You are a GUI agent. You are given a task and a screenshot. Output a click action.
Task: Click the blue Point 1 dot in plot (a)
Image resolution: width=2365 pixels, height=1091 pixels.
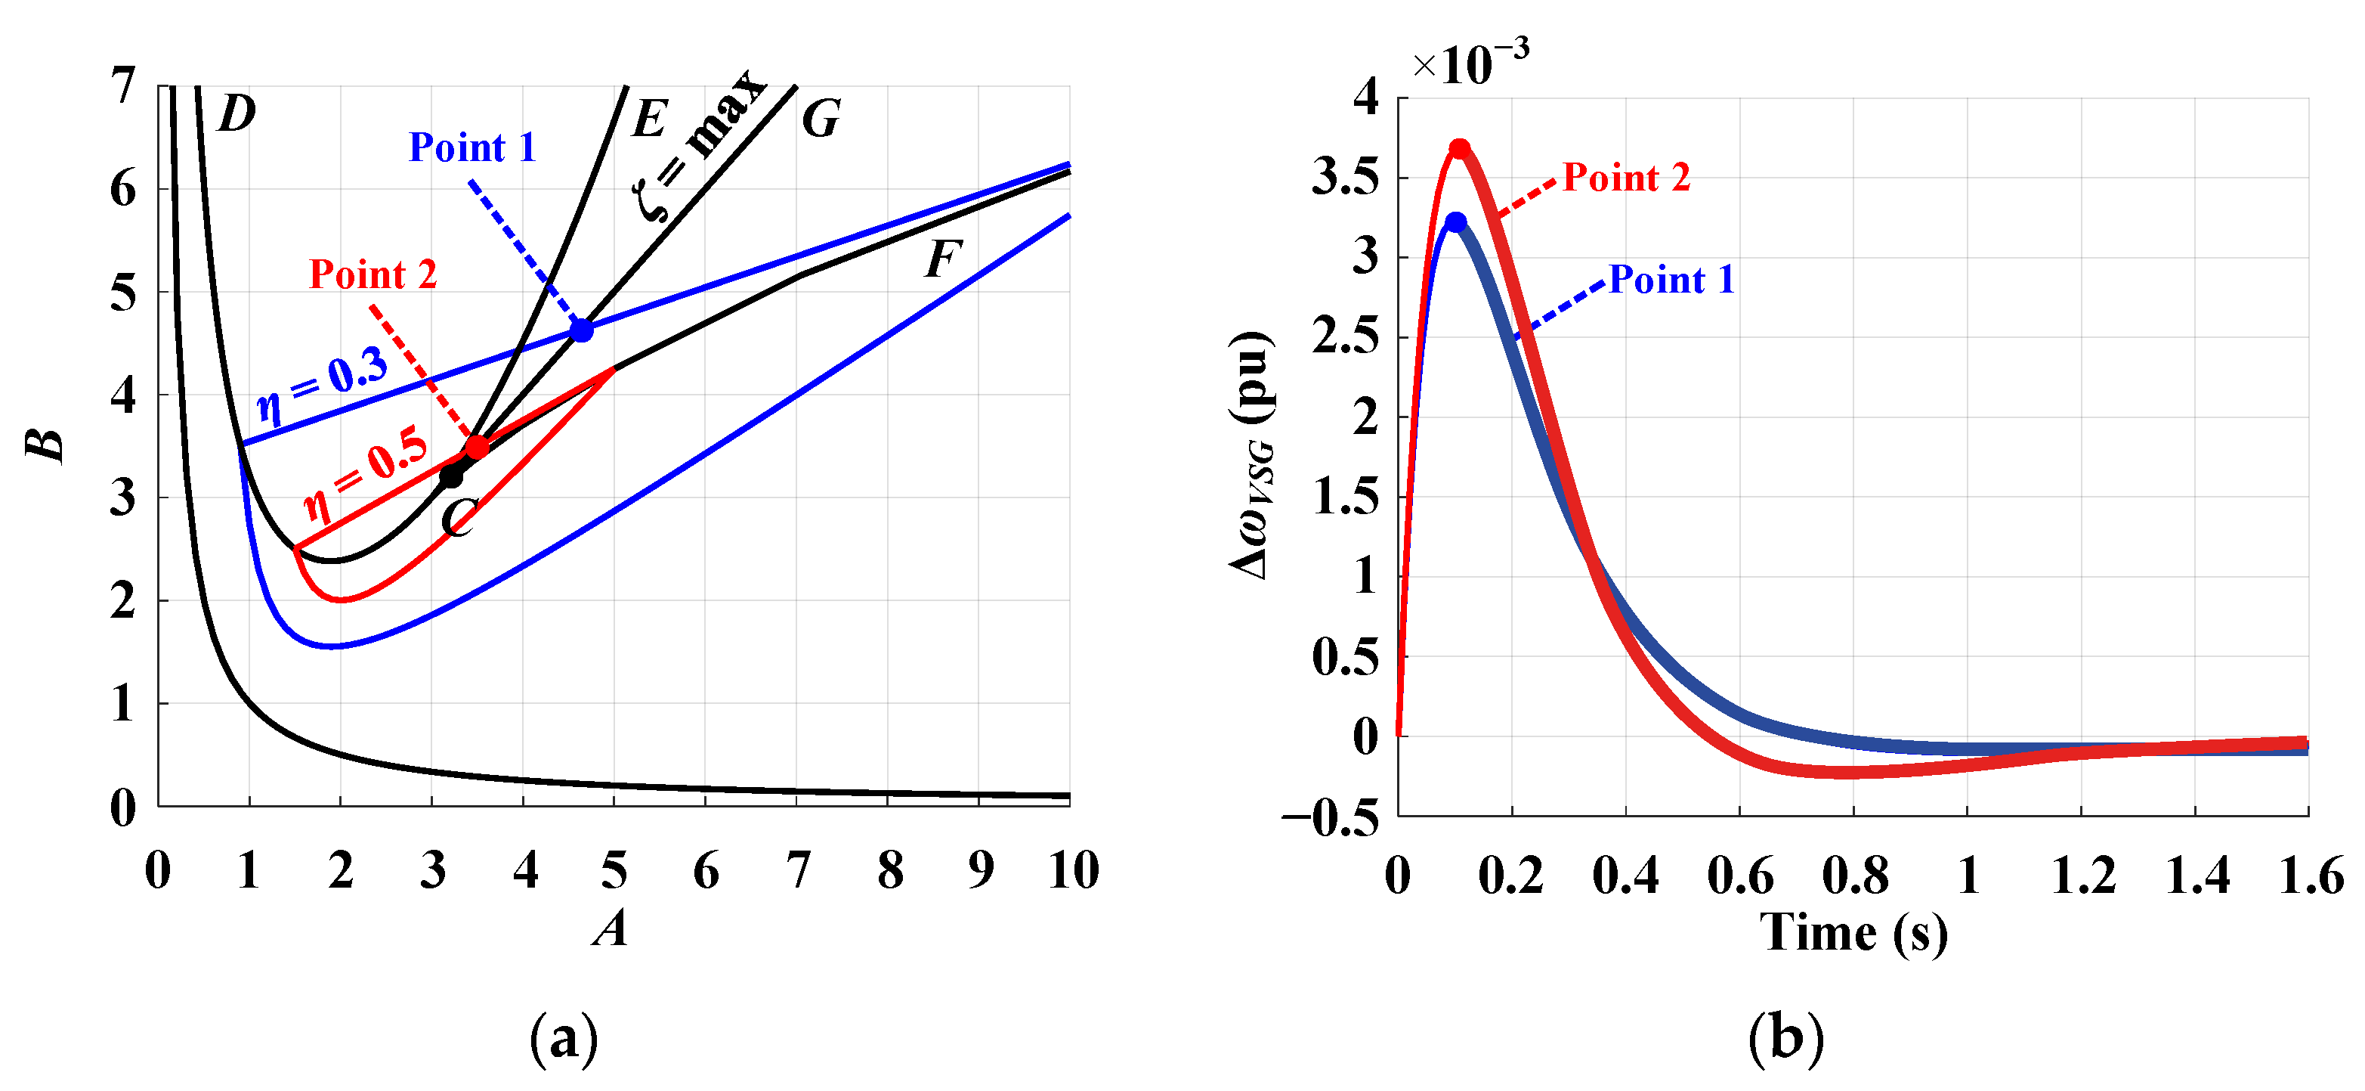[581, 330]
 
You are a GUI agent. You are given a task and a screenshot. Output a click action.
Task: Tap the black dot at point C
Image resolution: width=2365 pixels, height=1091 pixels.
[451, 476]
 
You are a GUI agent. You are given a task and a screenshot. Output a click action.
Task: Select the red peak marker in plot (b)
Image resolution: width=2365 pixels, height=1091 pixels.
[1460, 149]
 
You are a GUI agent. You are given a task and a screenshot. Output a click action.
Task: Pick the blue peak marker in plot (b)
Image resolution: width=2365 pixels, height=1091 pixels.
[1456, 222]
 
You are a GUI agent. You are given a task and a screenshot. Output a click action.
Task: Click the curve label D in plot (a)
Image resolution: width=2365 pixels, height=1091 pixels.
[236, 115]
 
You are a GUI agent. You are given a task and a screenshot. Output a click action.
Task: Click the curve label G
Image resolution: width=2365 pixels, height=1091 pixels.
[820, 119]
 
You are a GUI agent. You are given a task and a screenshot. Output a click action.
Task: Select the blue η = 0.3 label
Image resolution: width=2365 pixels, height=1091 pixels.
[322, 386]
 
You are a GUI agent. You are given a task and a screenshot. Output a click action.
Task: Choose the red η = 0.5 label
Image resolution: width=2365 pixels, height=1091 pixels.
[366, 473]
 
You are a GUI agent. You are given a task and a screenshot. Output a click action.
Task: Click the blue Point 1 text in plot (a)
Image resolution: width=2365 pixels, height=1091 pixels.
[472, 148]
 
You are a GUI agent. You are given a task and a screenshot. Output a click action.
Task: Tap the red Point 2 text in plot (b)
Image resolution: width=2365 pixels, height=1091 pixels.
[1626, 177]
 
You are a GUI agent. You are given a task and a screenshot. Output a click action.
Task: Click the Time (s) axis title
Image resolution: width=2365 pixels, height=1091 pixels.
[1853, 933]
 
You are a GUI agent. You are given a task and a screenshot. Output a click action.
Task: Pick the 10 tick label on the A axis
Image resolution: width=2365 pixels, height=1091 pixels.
[1072, 869]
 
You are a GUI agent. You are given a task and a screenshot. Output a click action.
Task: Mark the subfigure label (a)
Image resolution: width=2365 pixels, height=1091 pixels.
[564, 1039]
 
